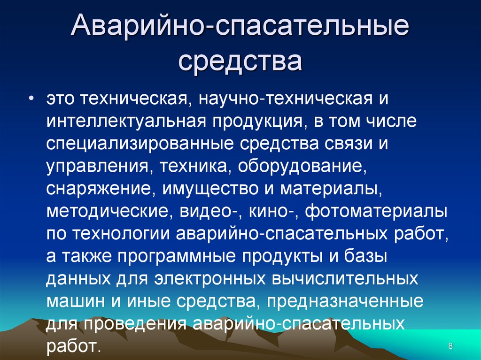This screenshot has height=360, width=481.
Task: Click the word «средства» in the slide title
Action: (240, 61)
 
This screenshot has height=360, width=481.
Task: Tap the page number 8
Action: (450, 346)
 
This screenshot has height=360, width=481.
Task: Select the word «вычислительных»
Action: (345, 279)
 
